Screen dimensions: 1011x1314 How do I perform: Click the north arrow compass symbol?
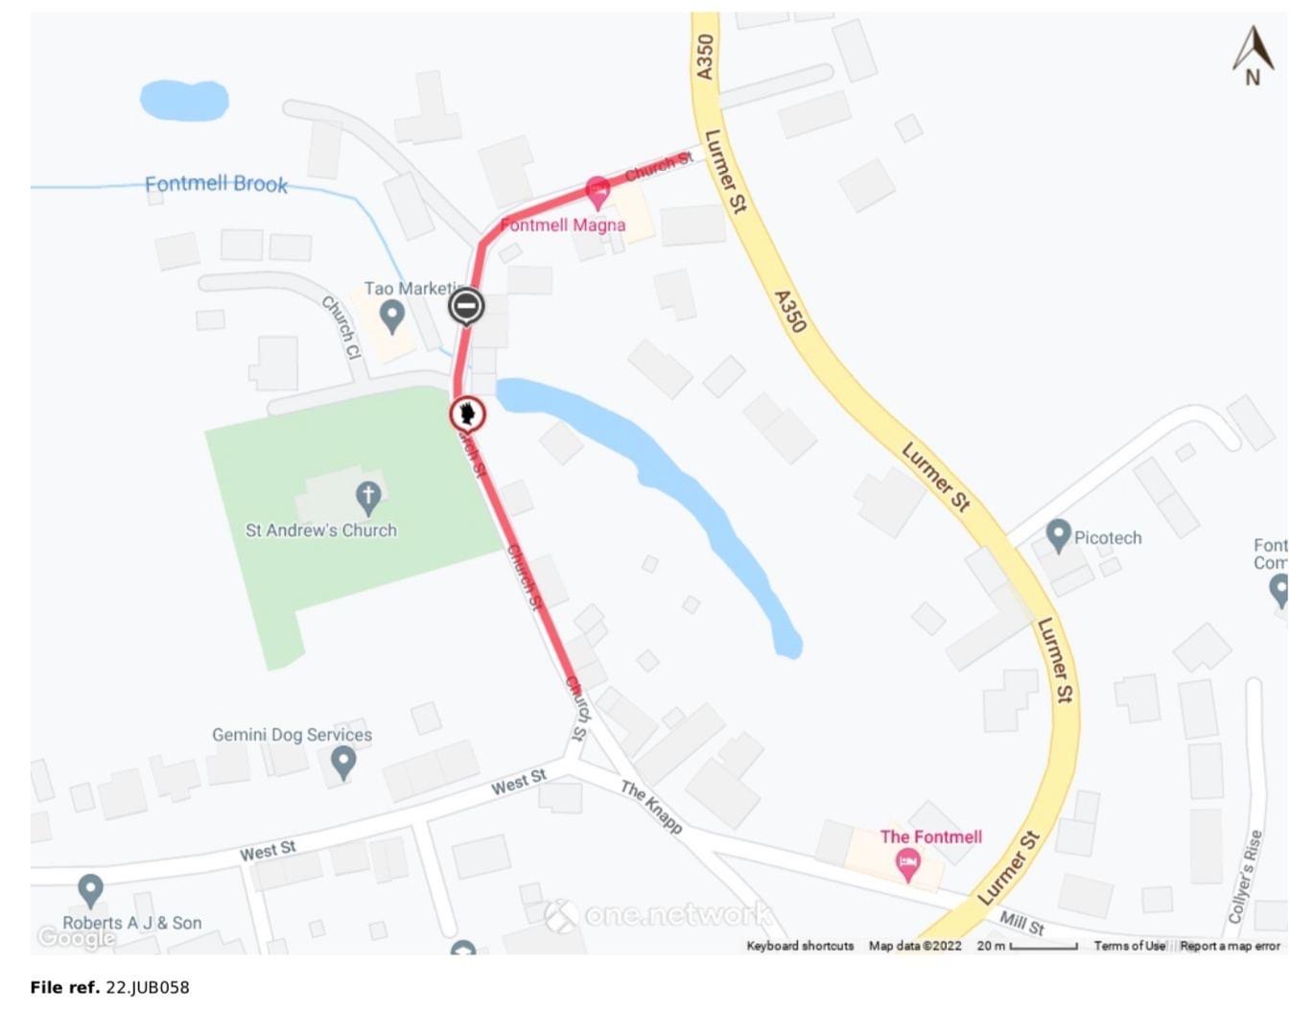pyautogui.click(x=1253, y=56)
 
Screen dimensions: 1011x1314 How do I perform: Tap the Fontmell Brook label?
pyautogui.click(x=216, y=183)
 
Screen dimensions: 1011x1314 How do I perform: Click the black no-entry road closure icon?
pyautogui.click(x=466, y=306)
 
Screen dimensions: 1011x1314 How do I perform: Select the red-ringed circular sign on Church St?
pyautogui.click(x=467, y=414)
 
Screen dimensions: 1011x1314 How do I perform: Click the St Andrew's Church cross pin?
pyautogui.click(x=368, y=497)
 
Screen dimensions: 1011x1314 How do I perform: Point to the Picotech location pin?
pyautogui.click(x=1058, y=535)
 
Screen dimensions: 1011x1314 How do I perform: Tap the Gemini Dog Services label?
pyautogui.click(x=292, y=735)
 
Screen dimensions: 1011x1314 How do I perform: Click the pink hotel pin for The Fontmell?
pyautogui.click(x=907, y=864)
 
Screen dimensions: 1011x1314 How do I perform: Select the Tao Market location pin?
pyautogui.click(x=391, y=315)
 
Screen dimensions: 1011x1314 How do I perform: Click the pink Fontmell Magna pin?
pyautogui.click(x=598, y=191)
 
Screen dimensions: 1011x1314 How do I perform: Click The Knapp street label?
pyautogui.click(x=651, y=807)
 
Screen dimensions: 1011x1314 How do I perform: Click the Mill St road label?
pyautogui.click(x=1021, y=924)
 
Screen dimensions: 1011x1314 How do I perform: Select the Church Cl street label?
pyautogui.click(x=340, y=327)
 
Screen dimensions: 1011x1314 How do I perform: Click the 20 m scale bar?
pyautogui.click(x=1043, y=947)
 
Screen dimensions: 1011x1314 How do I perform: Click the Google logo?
pyautogui.click(x=76, y=937)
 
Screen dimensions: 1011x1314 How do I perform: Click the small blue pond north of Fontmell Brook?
pyautogui.click(x=184, y=100)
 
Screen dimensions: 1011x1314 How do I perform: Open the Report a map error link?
pyautogui.click(x=1230, y=946)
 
